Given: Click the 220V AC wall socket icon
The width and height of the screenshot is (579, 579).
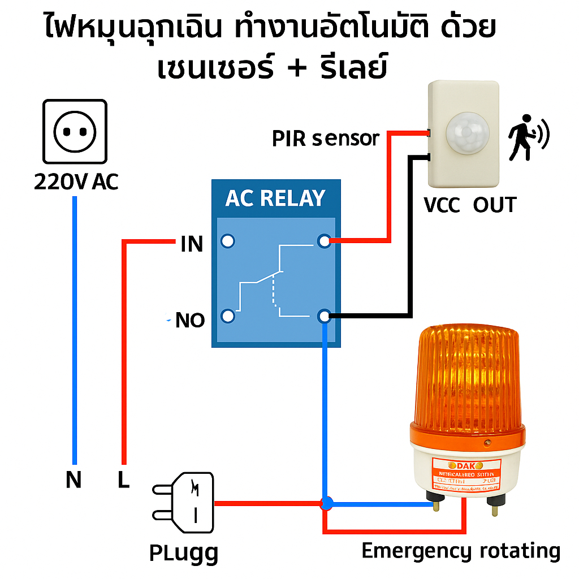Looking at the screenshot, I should [x=75, y=132].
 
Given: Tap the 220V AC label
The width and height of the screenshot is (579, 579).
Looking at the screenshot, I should [x=76, y=182].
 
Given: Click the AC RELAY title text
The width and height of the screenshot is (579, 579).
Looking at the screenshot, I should [x=275, y=198].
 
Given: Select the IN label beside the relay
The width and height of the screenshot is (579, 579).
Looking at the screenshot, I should [x=192, y=244].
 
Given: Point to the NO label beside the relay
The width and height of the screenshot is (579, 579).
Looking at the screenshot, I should [x=190, y=321].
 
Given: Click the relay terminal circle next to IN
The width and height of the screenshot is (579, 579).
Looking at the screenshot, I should [x=227, y=241].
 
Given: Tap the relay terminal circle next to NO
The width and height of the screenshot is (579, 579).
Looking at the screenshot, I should [x=227, y=316].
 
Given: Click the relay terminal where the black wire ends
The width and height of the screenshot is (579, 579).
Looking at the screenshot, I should [x=324, y=316].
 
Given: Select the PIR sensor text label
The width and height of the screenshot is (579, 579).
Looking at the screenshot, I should [x=325, y=139].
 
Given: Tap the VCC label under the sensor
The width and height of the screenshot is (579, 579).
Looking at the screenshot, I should [x=443, y=205].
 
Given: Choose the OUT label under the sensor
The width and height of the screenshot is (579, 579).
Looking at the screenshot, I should [x=495, y=205].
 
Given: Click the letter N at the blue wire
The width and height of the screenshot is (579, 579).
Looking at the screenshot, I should [x=74, y=480].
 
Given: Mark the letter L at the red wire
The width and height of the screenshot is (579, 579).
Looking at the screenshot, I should [x=123, y=480].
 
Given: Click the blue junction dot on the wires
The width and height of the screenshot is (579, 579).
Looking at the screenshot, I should [x=326, y=503].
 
